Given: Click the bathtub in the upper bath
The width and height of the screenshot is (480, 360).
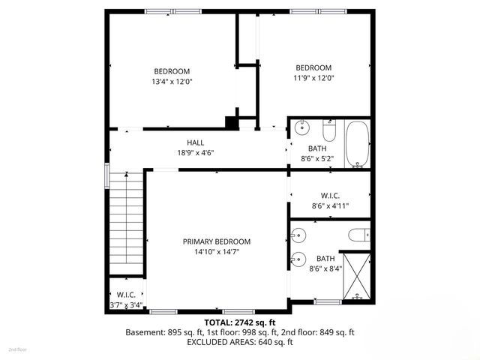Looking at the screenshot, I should pyautogui.click(x=358, y=144).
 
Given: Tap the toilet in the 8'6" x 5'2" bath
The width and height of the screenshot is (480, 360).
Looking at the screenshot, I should pyautogui.click(x=328, y=125).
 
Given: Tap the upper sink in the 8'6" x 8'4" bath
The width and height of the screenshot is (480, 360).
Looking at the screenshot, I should pyautogui.click(x=298, y=232).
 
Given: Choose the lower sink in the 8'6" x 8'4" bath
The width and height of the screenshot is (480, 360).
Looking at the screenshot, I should pyautogui.click(x=298, y=260).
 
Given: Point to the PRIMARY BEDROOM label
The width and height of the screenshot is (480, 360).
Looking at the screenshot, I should pyautogui.click(x=217, y=241).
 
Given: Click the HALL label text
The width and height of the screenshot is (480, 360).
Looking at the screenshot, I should pyautogui.click(x=195, y=142).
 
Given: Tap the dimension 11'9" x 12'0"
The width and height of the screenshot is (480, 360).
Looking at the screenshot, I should pyautogui.click(x=313, y=76).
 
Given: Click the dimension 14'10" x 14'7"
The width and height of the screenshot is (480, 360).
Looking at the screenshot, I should pyautogui.click(x=217, y=252).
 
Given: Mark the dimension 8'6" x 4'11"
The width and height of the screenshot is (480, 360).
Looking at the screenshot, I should pyautogui.click(x=330, y=205).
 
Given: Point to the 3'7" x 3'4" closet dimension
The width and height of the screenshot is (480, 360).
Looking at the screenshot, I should pyautogui.click(x=125, y=305).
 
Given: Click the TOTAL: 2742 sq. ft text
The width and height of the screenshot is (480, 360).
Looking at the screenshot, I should pyautogui.click(x=239, y=321).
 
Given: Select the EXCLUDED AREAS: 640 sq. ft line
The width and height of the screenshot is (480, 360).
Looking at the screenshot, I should pyautogui.click(x=239, y=342).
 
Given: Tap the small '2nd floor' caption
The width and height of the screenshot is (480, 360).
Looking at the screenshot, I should pyautogui.click(x=17, y=349).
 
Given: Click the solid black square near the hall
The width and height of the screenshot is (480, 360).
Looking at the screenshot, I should pyautogui.click(x=232, y=121).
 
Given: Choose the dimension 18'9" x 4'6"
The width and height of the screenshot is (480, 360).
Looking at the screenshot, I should pyautogui.click(x=195, y=153).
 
